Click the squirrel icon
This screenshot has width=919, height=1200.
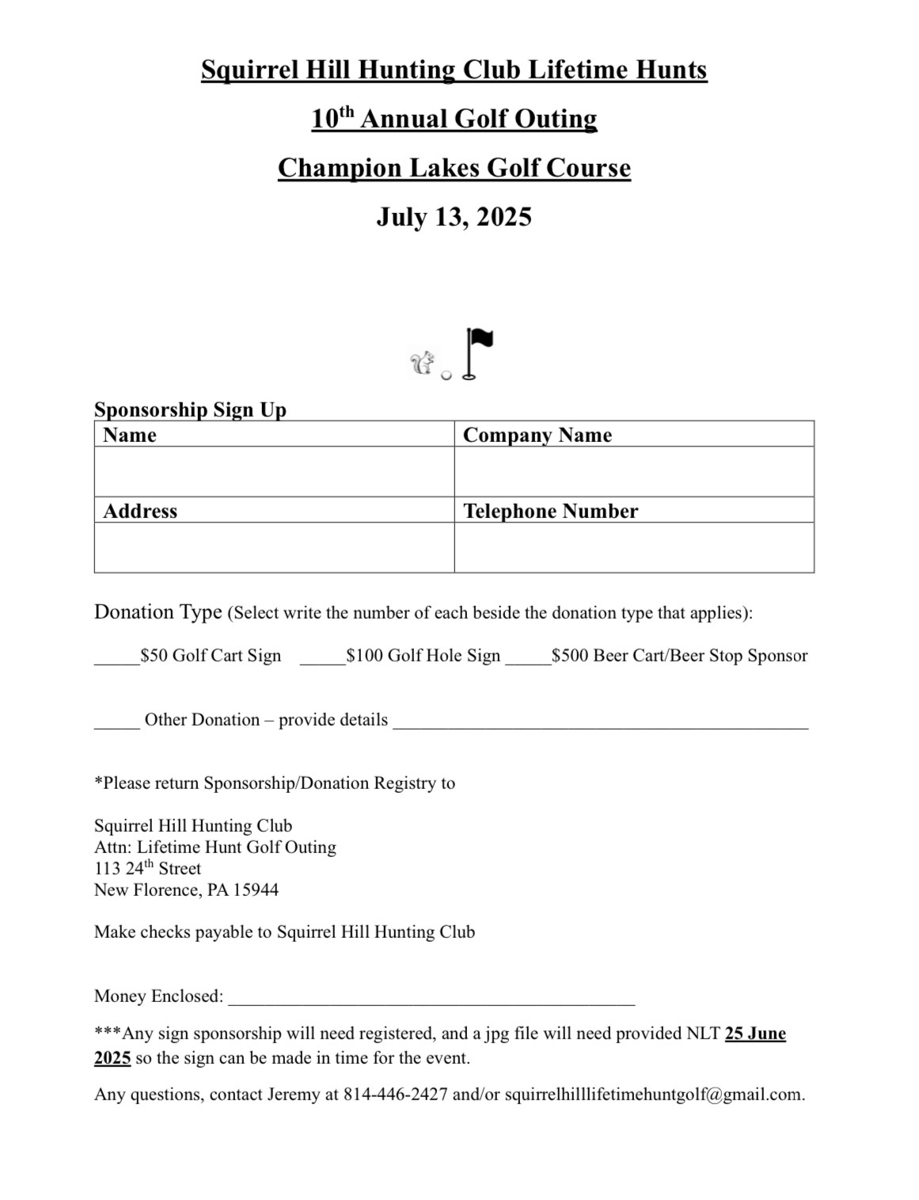[x=422, y=363]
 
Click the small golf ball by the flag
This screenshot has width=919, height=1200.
[x=446, y=375]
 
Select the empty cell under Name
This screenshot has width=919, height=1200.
[x=274, y=471]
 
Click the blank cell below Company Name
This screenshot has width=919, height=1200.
[x=634, y=471]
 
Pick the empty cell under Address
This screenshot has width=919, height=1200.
[x=274, y=547]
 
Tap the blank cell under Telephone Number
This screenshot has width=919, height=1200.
[x=634, y=547]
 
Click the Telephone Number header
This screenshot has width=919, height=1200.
[x=550, y=511]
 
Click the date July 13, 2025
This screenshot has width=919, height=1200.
[x=454, y=217]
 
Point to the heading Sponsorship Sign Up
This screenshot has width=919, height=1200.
[x=190, y=410]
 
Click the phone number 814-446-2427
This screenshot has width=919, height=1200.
[x=395, y=1095]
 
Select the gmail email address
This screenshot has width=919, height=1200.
[x=653, y=1095]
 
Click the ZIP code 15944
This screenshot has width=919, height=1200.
[x=256, y=890]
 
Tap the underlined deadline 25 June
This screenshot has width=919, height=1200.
[x=755, y=1034]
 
